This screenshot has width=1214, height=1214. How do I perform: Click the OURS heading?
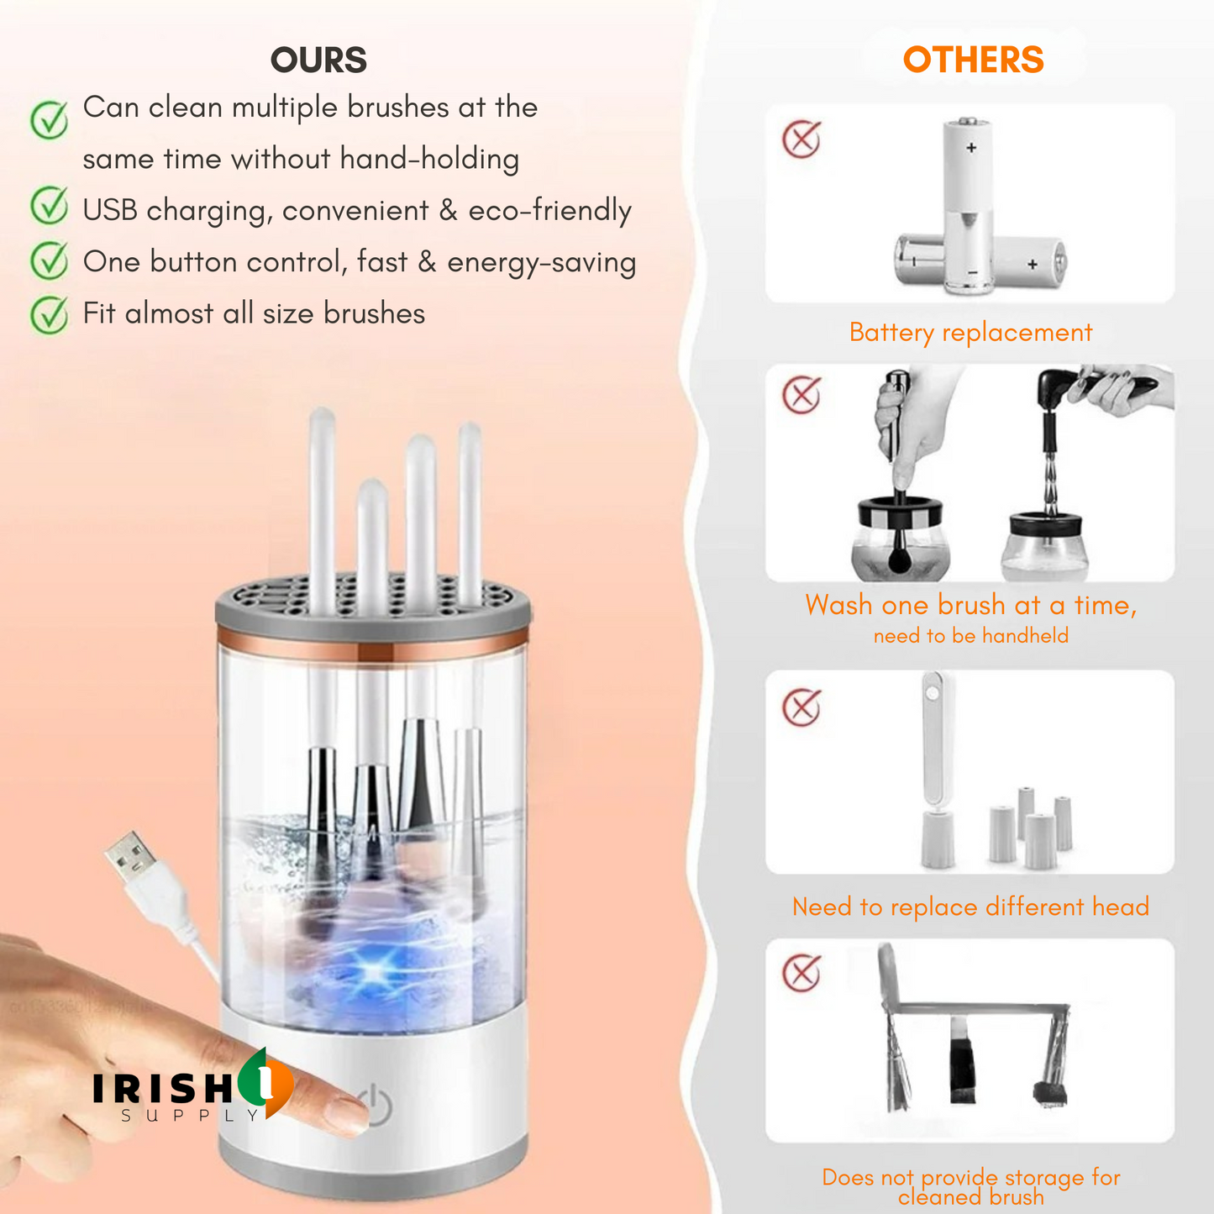318,60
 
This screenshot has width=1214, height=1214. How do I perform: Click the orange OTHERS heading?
973,60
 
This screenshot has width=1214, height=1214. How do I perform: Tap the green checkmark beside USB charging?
50,208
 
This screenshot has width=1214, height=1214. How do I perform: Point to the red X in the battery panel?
801,139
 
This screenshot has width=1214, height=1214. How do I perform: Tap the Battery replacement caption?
970,333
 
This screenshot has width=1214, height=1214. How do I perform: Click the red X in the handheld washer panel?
801,395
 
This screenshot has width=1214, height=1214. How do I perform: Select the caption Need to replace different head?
970,907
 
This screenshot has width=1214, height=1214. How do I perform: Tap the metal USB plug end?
131,858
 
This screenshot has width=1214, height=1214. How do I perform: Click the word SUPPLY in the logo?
191,1116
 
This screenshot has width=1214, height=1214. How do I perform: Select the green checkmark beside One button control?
50,261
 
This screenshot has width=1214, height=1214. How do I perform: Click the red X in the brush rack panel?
801,974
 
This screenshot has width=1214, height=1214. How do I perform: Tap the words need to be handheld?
970,636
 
